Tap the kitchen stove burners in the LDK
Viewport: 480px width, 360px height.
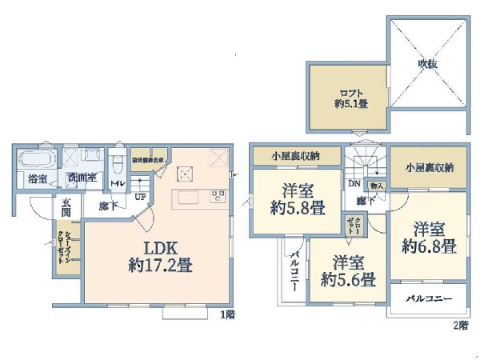(218, 196)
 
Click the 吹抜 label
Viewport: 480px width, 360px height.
(427, 64)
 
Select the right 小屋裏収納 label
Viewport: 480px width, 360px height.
(429, 167)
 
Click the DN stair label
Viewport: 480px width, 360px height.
(354, 182)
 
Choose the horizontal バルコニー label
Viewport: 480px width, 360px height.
(428, 298)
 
